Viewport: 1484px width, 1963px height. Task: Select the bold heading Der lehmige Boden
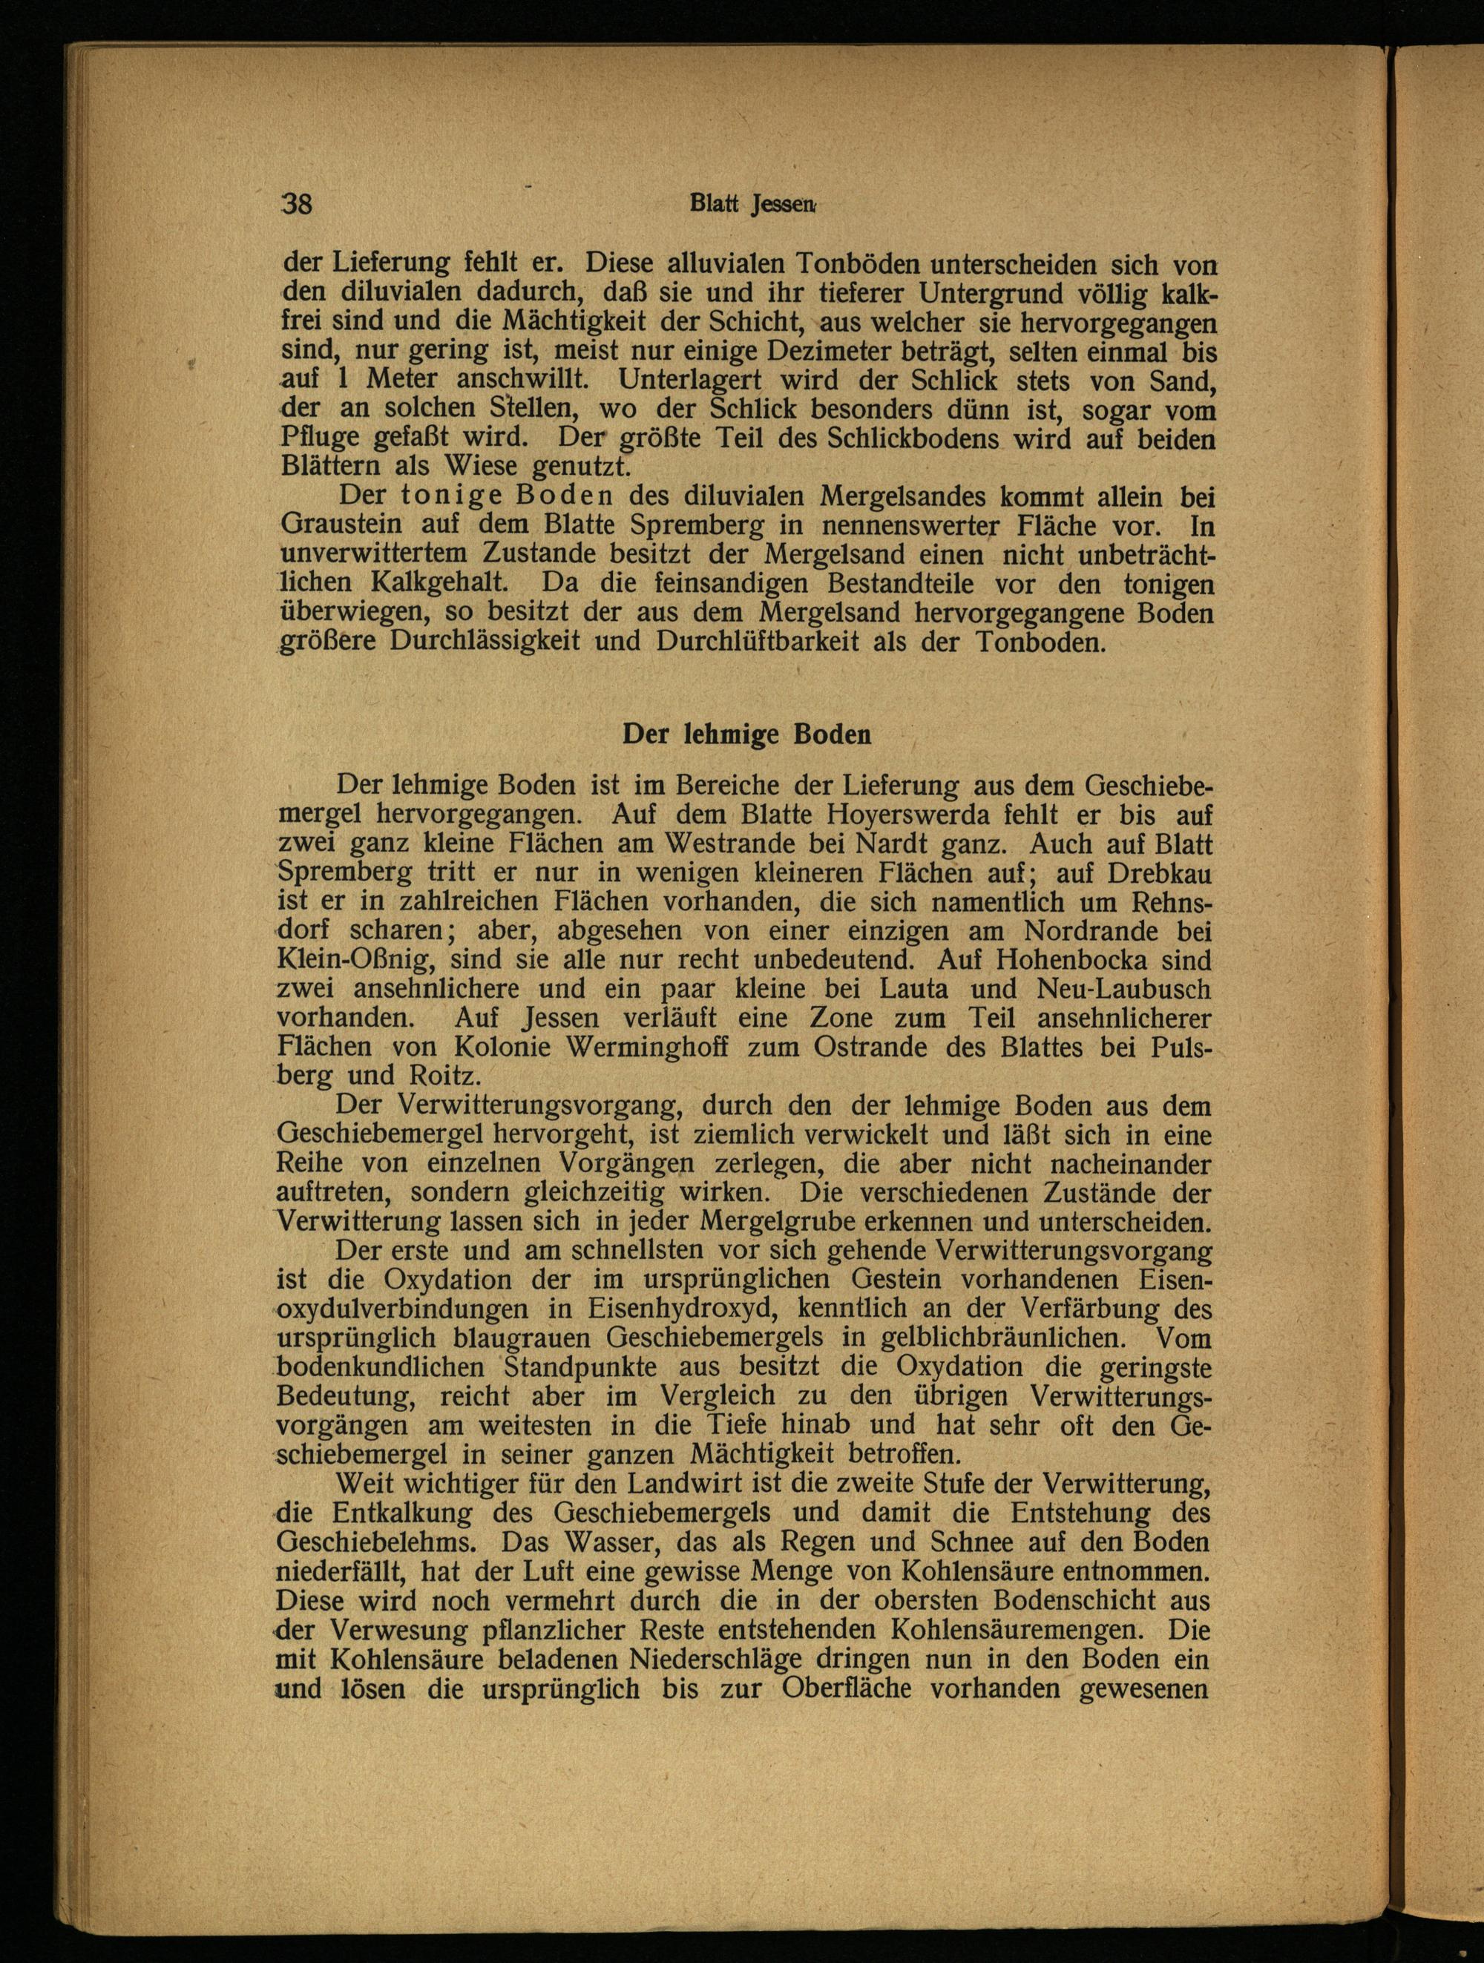746,734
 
